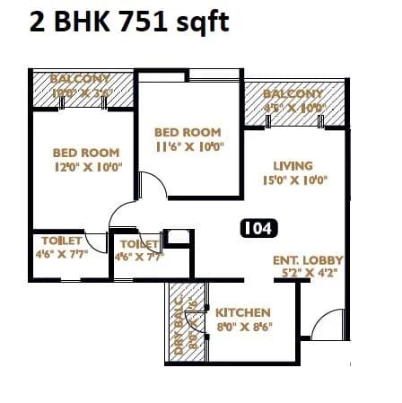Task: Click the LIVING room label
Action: tap(293, 165)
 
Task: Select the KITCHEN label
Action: tap(243, 312)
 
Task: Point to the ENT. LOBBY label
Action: tap(308, 260)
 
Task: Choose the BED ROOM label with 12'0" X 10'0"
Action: tap(87, 153)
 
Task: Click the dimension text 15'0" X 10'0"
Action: tap(293, 180)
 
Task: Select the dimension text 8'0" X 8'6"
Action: tap(243, 328)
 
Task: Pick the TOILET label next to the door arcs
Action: tap(139, 243)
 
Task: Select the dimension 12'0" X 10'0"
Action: tap(87, 166)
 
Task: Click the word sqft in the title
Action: tap(197, 22)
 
